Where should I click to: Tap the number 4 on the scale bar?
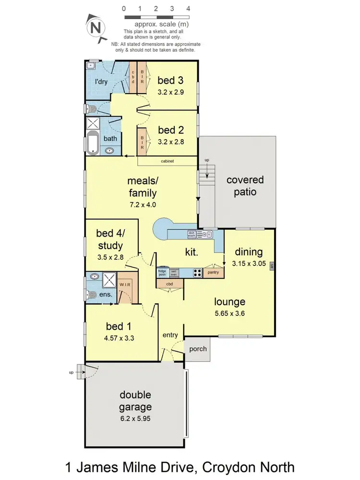click(188, 9)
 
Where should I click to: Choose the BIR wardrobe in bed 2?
click(142, 141)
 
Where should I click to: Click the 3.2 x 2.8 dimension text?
click(171, 142)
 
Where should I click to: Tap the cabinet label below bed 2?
click(168, 161)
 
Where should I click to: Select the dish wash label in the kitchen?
click(192, 234)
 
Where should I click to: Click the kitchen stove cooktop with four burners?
click(197, 273)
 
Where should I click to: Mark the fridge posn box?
click(162, 272)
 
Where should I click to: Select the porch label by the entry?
click(198, 349)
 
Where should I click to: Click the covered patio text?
click(245, 186)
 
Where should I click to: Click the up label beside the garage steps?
click(72, 372)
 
